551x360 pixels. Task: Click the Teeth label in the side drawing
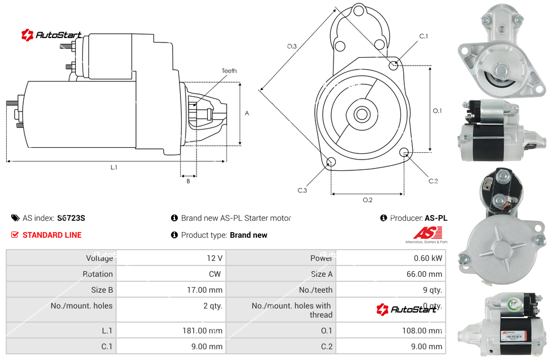[x=229, y=71]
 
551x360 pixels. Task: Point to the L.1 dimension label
[x=114, y=167]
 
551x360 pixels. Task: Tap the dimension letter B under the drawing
[x=189, y=181]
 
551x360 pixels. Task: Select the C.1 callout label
[x=423, y=36]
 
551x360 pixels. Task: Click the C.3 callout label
[x=302, y=190]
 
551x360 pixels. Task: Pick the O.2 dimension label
[x=368, y=199]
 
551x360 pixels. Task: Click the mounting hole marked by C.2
[x=404, y=152]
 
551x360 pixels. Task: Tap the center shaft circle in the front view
[x=361, y=114]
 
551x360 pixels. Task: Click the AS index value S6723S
[x=71, y=218]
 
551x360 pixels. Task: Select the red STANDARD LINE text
[x=52, y=235]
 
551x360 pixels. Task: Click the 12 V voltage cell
[x=215, y=258]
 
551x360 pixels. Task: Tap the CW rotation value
[x=216, y=274]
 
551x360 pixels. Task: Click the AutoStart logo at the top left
[x=52, y=35]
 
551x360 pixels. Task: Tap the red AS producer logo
[x=424, y=233]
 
